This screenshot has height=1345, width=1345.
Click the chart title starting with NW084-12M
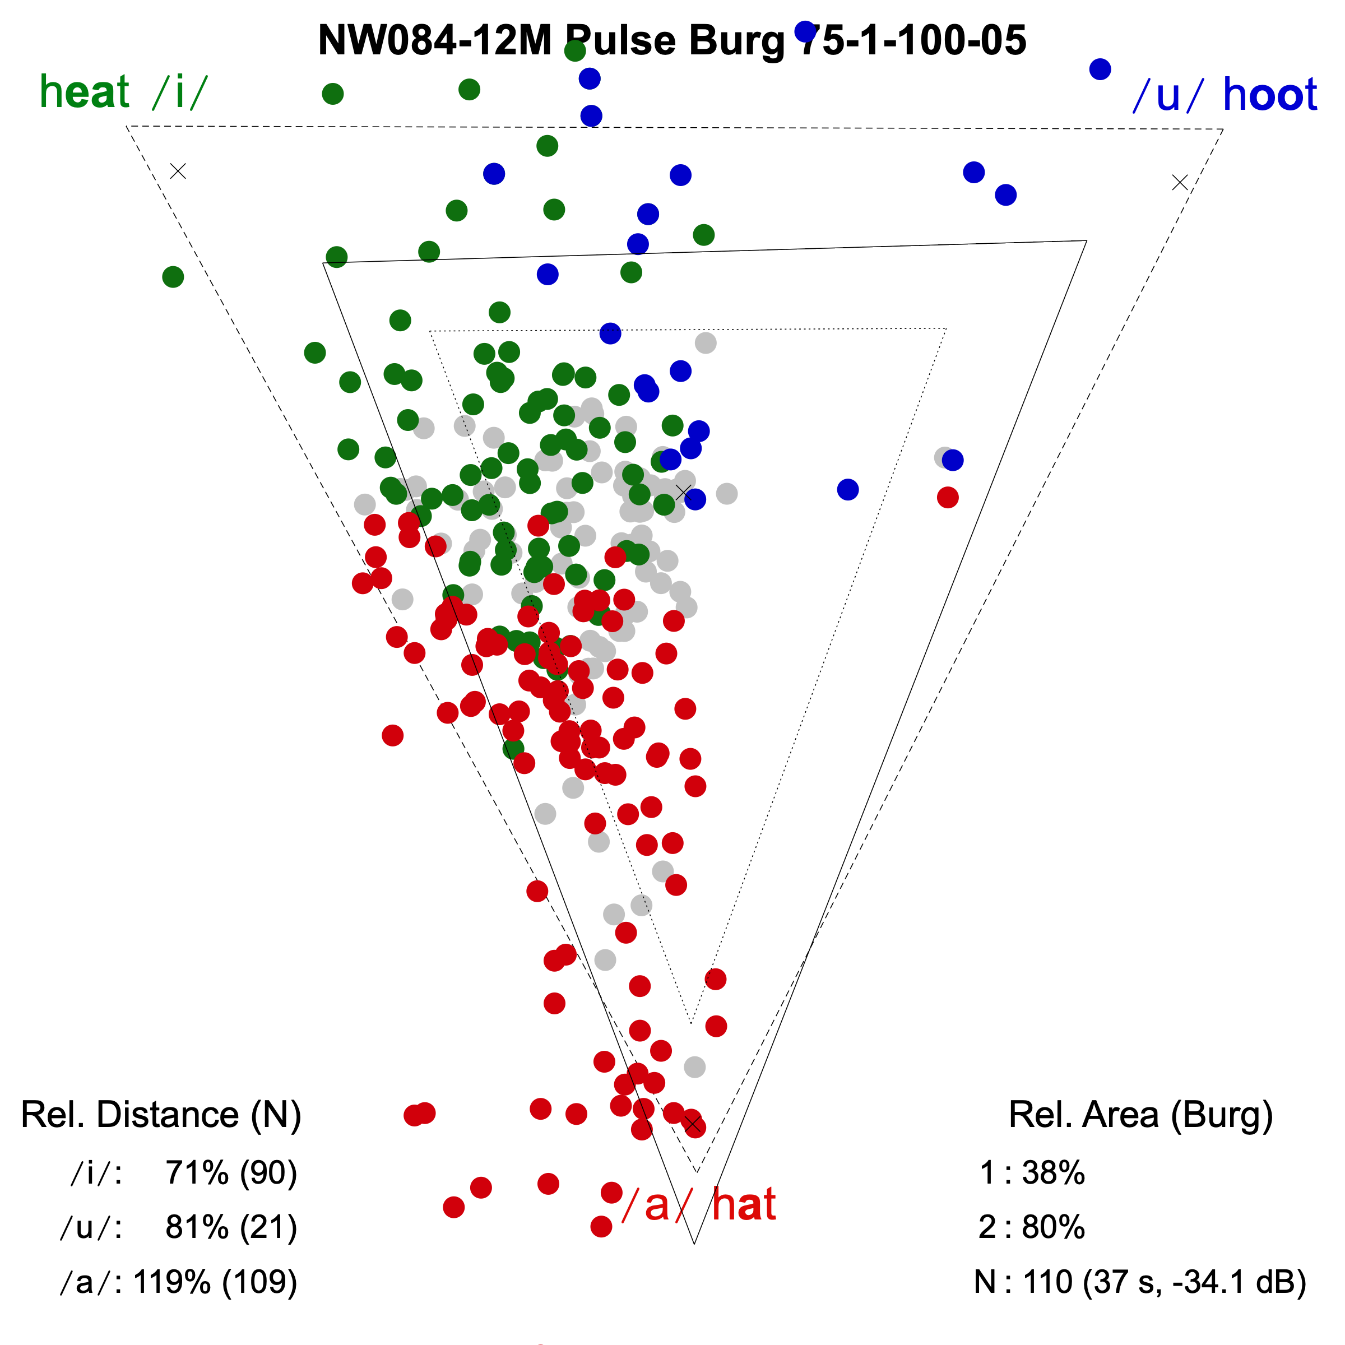pyautogui.click(x=672, y=40)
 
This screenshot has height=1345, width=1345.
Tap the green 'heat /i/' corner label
pyautogui.click(x=123, y=92)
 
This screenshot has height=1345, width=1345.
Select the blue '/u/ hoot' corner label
pyautogui.click(x=1225, y=95)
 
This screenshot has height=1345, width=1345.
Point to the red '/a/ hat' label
pyautogui.click(x=698, y=1205)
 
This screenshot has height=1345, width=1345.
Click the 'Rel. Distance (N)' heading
pyautogui.click(x=161, y=1115)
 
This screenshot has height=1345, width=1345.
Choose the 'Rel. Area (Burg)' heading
pyautogui.click(x=1140, y=1115)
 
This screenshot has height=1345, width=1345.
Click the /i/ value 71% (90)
pyautogui.click(x=231, y=1173)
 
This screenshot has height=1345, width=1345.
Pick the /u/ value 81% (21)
pyautogui.click(x=231, y=1227)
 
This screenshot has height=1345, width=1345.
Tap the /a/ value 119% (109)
pyautogui.click(x=215, y=1282)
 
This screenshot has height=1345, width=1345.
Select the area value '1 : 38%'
pyautogui.click(x=1032, y=1173)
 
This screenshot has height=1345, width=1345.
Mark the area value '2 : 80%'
pyautogui.click(x=1032, y=1227)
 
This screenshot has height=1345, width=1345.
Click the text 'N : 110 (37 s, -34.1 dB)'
pyautogui.click(x=1140, y=1282)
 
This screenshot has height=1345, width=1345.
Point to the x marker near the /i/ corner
pyautogui.click(x=178, y=171)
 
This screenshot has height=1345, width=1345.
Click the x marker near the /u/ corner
pyautogui.click(x=1179, y=182)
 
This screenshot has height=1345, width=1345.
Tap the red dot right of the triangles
pyautogui.click(x=948, y=497)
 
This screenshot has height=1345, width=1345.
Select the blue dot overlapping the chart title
pyautogui.click(x=805, y=31)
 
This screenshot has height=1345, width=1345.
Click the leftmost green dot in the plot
pyautogui.click(x=173, y=277)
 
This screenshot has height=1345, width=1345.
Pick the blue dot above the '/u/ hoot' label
pyautogui.click(x=1100, y=69)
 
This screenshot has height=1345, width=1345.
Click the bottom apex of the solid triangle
pyautogui.click(x=695, y=1244)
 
